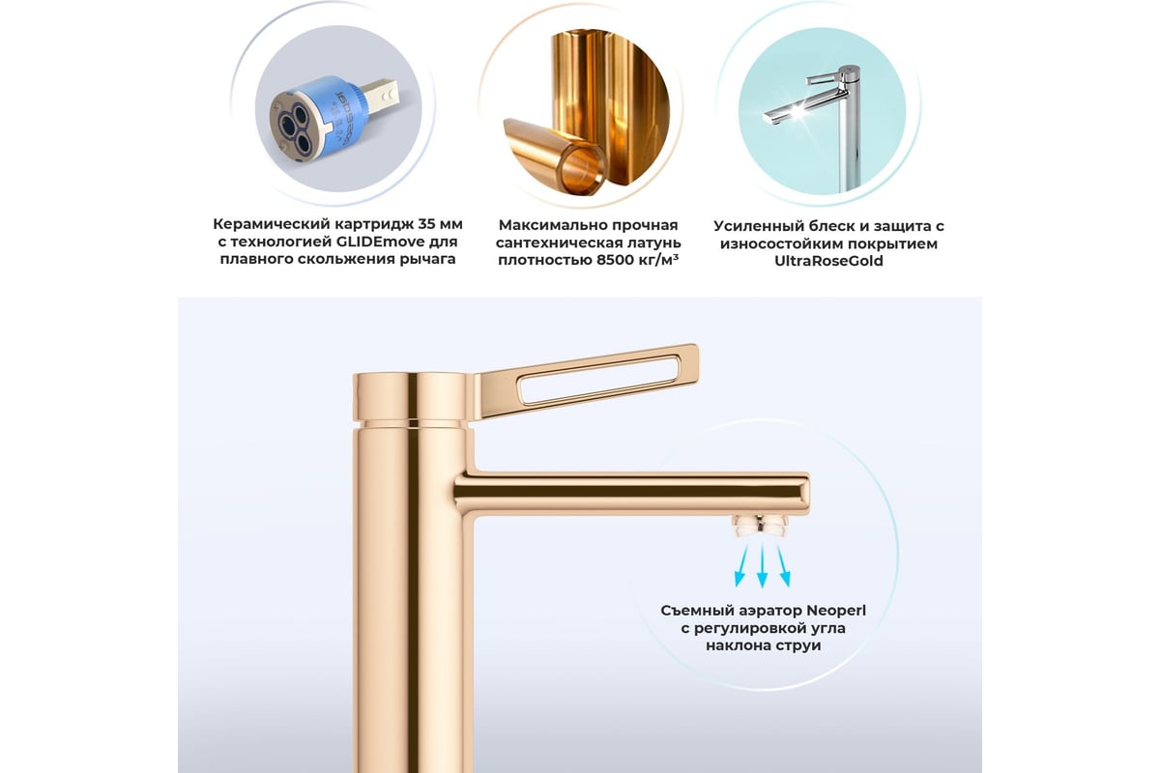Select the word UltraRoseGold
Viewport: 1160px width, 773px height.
point(828,261)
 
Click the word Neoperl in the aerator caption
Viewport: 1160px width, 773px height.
point(836,611)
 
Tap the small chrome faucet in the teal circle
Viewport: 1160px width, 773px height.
point(824,125)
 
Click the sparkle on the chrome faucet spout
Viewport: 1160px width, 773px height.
point(797,110)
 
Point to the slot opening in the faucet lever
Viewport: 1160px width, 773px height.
point(599,379)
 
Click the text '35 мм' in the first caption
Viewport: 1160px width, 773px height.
point(440,224)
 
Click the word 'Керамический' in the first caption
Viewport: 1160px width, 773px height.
point(271,225)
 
